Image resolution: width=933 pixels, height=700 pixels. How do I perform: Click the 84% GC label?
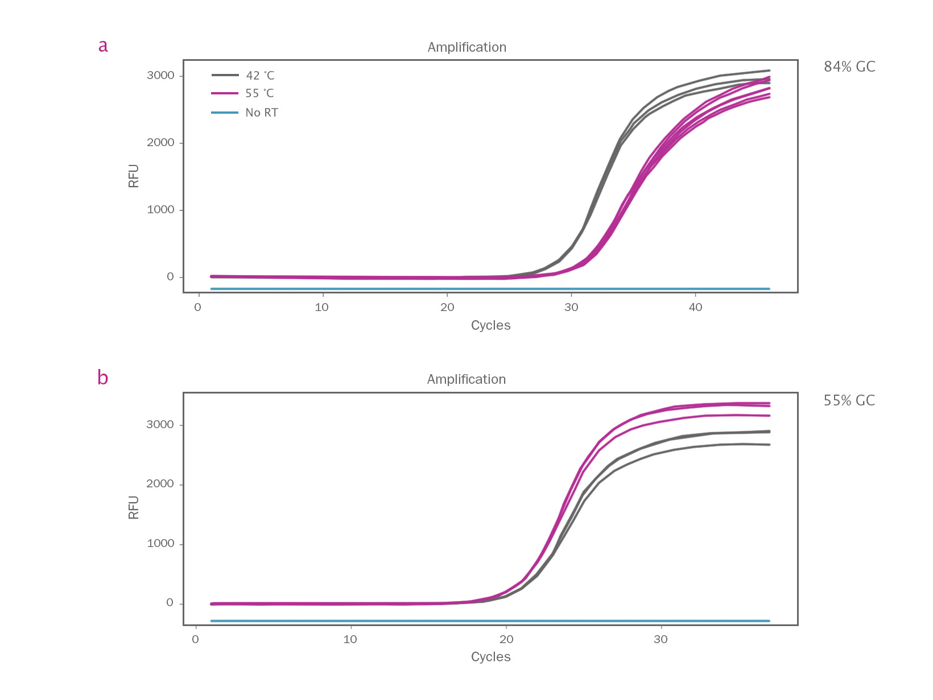[849, 67]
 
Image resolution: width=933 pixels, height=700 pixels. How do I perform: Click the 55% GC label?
[849, 401]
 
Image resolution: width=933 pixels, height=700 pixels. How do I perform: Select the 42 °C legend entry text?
[260, 76]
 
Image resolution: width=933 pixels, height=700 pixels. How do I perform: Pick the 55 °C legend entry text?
[260, 93]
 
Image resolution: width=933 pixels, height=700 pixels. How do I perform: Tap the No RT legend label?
[262, 113]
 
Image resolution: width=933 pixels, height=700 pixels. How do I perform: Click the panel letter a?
[103, 46]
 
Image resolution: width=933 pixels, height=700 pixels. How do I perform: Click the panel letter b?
[103, 378]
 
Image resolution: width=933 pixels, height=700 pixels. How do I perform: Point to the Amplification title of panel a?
[466, 47]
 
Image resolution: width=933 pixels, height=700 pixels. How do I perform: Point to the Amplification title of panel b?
[466, 379]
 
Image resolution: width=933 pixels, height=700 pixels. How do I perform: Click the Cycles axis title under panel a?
[490, 325]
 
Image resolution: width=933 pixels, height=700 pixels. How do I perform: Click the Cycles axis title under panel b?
[490, 657]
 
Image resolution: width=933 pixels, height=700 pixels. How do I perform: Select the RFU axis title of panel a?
[134, 176]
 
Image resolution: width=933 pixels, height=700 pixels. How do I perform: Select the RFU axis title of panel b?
[134, 507]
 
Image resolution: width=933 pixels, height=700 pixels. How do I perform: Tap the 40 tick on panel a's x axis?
[695, 308]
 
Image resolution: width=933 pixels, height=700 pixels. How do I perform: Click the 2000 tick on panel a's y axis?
[160, 143]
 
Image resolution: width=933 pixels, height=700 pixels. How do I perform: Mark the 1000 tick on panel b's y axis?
[160, 544]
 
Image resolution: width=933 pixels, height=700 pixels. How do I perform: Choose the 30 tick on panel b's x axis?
[660, 639]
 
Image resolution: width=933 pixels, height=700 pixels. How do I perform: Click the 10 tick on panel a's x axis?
[322, 308]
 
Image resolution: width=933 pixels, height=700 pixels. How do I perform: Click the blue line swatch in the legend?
[225, 113]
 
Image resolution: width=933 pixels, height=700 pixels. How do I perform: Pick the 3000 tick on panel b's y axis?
[160, 425]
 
